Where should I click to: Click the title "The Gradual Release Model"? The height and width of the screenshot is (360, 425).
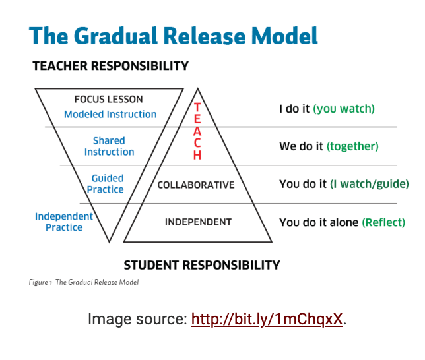pos(174,36)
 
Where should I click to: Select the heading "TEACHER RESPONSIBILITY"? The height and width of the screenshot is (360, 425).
pos(110,66)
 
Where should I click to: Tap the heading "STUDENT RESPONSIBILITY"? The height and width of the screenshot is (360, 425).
pos(202,265)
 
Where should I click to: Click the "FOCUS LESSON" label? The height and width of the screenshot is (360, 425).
pos(108,100)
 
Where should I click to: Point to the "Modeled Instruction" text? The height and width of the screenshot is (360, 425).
pos(110,114)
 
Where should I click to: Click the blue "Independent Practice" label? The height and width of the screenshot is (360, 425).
pos(64,222)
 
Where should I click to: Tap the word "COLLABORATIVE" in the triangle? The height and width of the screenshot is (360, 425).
pos(196,185)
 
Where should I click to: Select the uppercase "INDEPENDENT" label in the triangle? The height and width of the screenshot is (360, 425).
pos(198,222)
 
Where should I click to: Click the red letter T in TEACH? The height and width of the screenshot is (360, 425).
pos(197,107)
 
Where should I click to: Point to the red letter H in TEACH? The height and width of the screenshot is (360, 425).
pos(197,156)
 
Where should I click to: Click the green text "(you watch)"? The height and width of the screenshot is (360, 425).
pos(344,109)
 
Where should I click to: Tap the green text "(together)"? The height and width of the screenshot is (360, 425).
pos(352,146)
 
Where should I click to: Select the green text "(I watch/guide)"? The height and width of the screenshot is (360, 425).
pos(369,184)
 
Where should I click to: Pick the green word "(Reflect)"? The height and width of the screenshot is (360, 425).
pos(383,222)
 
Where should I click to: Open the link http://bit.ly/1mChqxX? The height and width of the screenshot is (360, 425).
pos(267,320)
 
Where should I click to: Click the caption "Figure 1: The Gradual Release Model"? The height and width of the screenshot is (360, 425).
pos(83,282)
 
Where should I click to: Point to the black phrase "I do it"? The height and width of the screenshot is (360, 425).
pos(294,109)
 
